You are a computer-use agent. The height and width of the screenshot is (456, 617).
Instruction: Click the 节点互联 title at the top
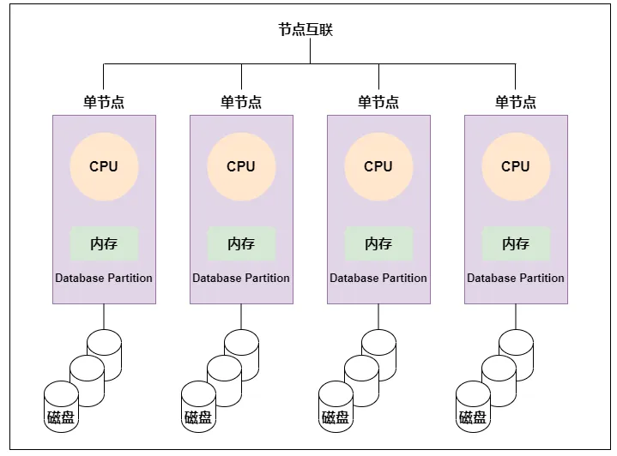pos(305,29)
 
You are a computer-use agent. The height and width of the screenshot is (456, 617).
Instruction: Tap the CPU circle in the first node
pos(104,166)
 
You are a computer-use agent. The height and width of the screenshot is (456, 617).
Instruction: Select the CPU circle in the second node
pos(241,166)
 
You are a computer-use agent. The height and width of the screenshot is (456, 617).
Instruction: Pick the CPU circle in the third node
pos(378,166)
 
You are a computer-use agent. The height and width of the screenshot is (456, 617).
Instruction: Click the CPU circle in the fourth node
pos(516,166)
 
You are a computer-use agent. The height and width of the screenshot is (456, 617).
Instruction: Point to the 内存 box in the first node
pos(105,243)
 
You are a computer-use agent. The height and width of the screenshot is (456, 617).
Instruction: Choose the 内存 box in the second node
pos(242,243)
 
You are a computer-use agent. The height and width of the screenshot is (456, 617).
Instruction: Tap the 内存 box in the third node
pos(379,243)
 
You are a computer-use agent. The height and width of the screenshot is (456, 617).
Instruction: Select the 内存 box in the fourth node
pos(517,243)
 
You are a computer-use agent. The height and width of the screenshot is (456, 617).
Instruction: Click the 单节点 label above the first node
pos(104,102)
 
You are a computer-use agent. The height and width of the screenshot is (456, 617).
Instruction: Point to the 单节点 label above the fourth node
pos(516,102)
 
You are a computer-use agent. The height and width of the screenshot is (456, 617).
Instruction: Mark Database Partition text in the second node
pos(241,278)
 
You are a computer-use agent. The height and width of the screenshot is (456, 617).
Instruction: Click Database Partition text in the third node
pos(378,278)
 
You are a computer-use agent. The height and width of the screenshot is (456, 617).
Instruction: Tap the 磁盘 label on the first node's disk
pos(61,417)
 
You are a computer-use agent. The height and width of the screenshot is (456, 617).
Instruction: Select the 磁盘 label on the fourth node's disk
pos(473,417)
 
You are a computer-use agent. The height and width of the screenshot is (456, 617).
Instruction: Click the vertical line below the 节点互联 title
pos(310,51)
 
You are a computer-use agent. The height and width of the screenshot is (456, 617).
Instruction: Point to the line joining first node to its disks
pos(104,316)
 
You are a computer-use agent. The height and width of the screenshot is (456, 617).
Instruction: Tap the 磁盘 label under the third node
pos(336,417)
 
